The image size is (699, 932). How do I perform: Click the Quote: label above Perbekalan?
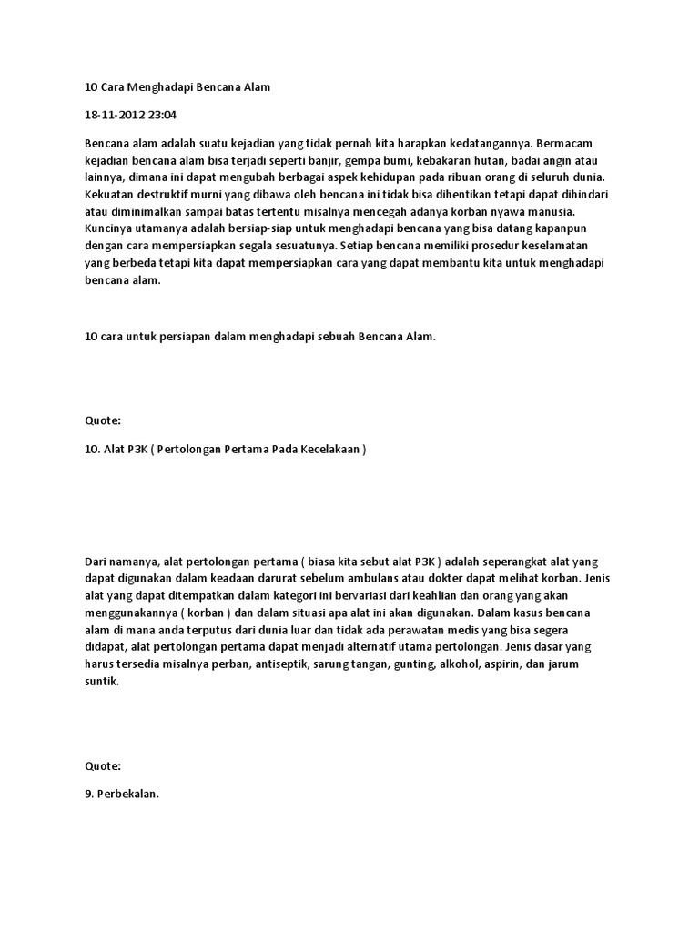coord(102,765)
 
